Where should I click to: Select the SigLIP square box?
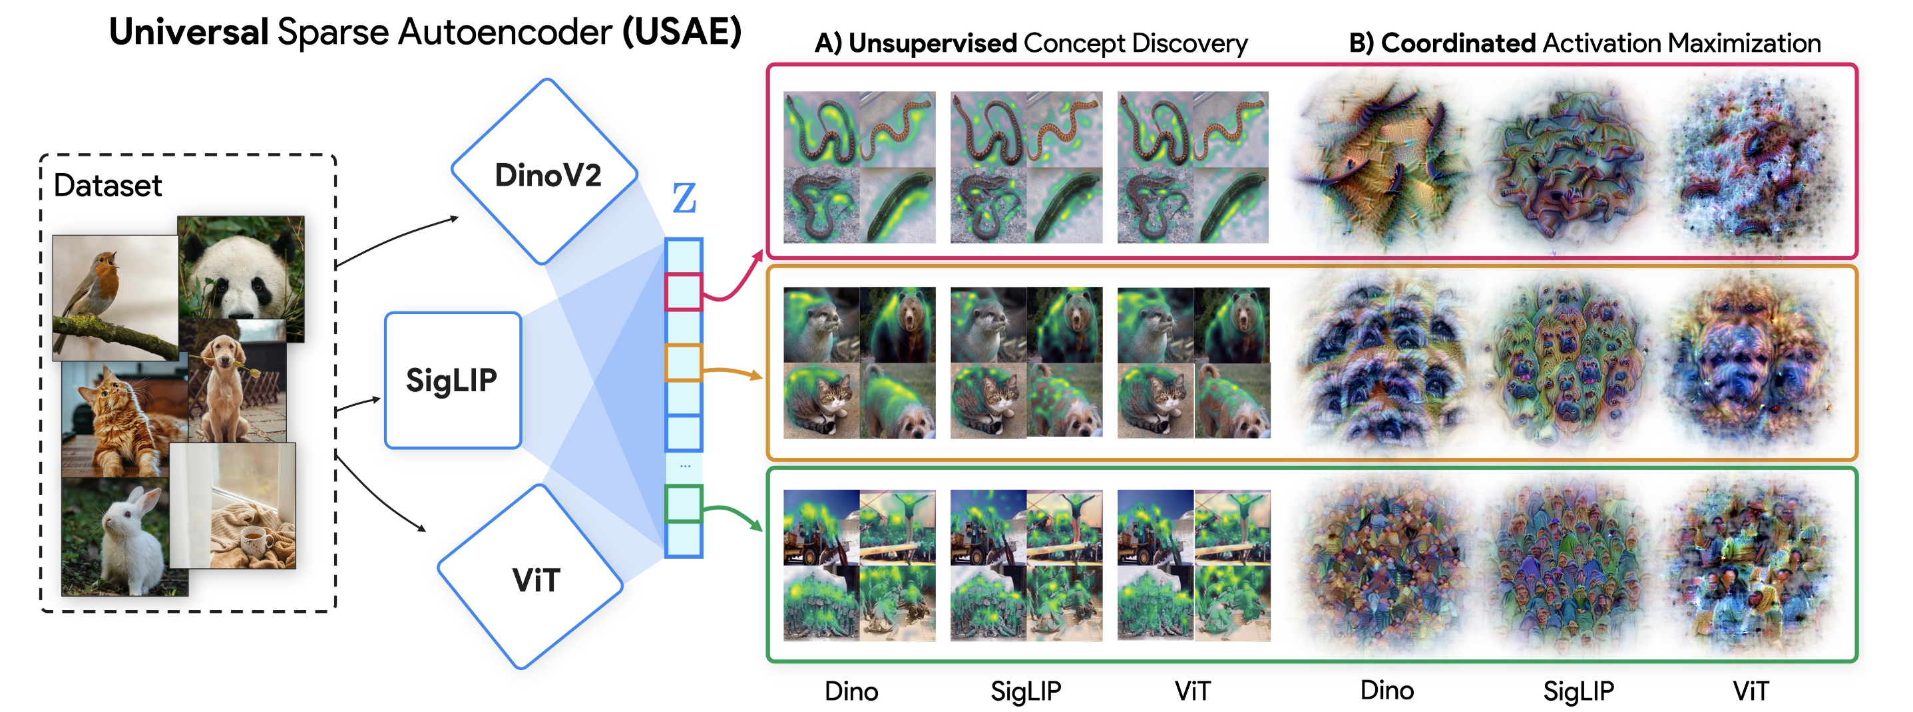pyautogui.click(x=452, y=380)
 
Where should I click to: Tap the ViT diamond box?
pyautogui.click(x=532, y=578)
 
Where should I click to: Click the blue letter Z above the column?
pyautogui.click(x=684, y=198)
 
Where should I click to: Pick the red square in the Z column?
pyautogui.click(x=683, y=291)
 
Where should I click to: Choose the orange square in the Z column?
pyautogui.click(x=683, y=363)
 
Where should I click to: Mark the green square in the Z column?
pyautogui.click(x=683, y=503)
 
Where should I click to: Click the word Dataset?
pyautogui.click(x=108, y=186)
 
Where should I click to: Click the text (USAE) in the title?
pyautogui.click(x=682, y=32)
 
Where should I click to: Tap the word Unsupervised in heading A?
pyautogui.click(x=932, y=44)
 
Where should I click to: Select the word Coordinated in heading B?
pyautogui.click(x=1458, y=44)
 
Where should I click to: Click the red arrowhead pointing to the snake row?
pyautogui.click(x=758, y=256)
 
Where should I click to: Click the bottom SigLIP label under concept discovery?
pyautogui.click(x=1026, y=691)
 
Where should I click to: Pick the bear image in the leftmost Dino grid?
pyautogui.click(x=898, y=325)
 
